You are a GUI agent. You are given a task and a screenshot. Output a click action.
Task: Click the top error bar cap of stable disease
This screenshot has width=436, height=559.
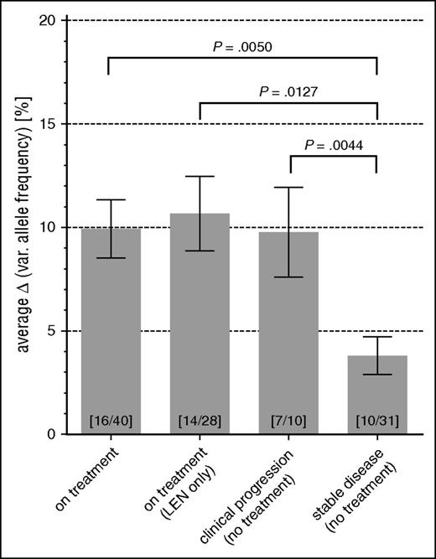[x=376, y=337]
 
